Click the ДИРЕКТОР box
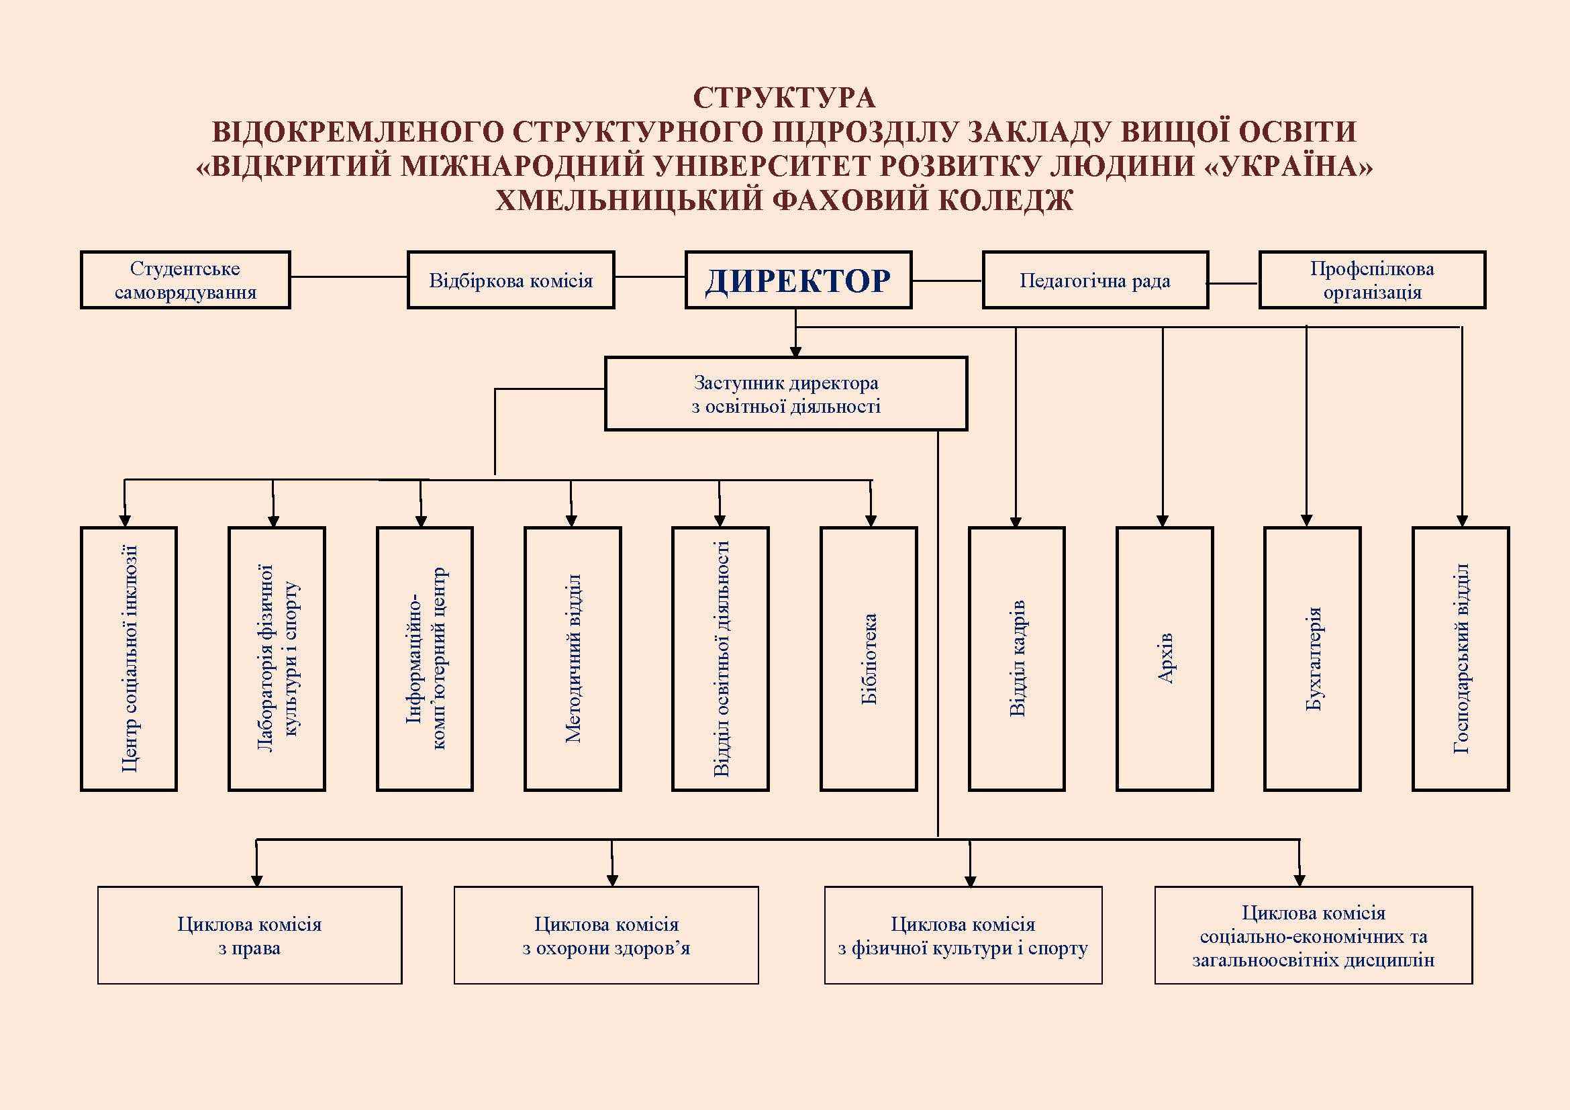point(798,281)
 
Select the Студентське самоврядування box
point(185,281)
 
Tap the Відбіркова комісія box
point(511,281)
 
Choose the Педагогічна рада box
point(1095,281)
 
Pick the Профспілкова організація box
point(1373,281)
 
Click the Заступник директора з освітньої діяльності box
point(787,394)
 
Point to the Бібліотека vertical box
point(869,659)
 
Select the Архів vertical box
point(1165,659)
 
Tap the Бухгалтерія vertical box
point(1312,659)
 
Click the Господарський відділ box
point(1461,659)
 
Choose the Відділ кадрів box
point(1017,659)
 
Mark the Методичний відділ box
point(573,659)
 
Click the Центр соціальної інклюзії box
point(129,659)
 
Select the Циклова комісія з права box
point(250,936)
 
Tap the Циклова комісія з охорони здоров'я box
point(607,936)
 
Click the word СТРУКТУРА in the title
point(785,98)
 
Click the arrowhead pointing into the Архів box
point(1163,521)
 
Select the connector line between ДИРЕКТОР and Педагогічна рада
point(948,281)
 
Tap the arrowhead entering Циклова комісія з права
point(257,880)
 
